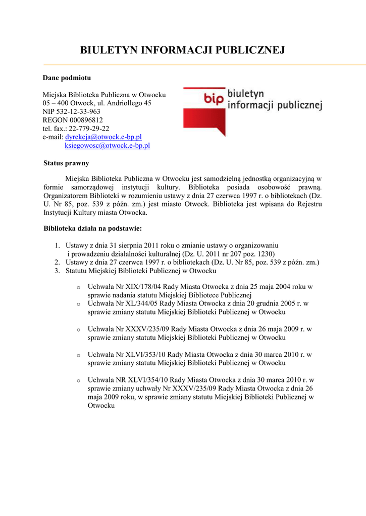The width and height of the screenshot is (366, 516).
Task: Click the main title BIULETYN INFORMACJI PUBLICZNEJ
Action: [x=183, y=50]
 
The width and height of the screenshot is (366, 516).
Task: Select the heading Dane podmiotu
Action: [x=67, y=78]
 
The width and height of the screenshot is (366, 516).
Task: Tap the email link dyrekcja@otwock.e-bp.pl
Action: [x=103, y=137]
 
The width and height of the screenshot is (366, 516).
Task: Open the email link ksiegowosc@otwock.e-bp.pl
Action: [x=108, y=146]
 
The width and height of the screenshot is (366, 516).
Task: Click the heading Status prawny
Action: [x=66, y=163]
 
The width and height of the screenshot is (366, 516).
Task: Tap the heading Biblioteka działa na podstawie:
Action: [x=93, y=228]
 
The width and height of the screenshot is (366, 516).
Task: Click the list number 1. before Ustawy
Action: [x=58, y=245]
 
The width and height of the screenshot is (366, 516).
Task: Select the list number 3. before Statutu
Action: [x=58, y=271]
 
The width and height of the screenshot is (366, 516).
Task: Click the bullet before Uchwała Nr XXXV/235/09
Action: [x=78, y=330]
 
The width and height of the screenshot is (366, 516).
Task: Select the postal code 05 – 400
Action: [x=55, y=103]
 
